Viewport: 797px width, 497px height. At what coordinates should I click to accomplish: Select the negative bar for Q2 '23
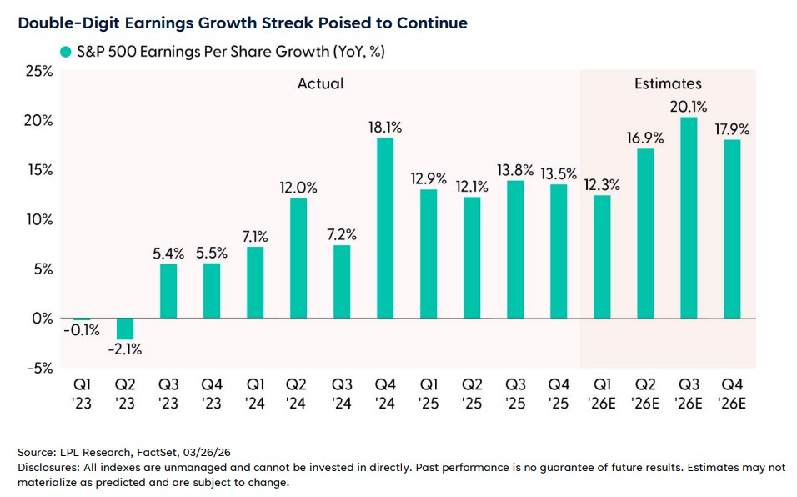[x=124, y=329]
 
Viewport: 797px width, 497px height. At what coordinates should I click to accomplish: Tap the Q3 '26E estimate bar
[x=689, y=218]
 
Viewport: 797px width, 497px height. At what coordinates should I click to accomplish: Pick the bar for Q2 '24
[x=298, y=258]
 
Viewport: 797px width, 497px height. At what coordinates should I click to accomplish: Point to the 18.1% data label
[x=385, y=128]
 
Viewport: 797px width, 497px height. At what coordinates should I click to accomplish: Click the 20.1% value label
[x=689, y=107]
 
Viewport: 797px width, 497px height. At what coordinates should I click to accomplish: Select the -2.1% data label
[x=124, y=349]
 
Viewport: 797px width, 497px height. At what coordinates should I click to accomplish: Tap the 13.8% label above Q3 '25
[x=514, y=170]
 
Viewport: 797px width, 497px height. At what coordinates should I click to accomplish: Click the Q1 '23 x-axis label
[x=81, y=394]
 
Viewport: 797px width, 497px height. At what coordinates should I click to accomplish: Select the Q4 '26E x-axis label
[x=732, y=394]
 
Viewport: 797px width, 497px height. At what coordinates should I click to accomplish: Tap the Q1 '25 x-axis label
[x=428, y=394]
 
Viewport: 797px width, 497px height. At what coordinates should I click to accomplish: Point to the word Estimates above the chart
[x=668, y=83]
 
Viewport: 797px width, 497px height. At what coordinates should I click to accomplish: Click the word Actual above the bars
[x=320, y=83]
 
